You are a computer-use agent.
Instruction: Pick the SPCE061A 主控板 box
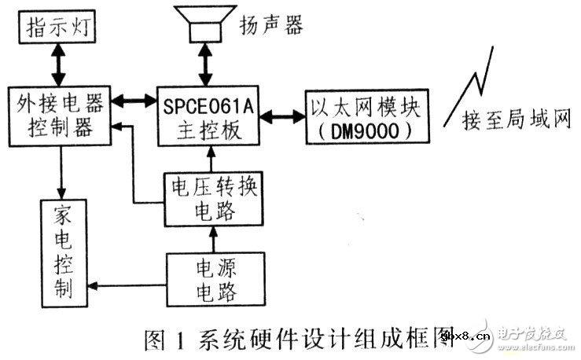pyautogui.click(x=208, y=115)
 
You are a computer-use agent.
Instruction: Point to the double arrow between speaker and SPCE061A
pyautogui.click(x=208, y=64)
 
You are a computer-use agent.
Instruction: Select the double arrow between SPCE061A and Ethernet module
pyautogui.click(x=285, y=116)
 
